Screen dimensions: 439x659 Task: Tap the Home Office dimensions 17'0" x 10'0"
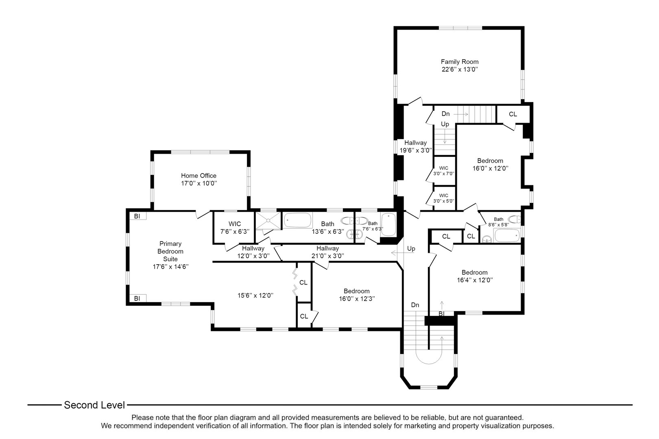click(199, 183)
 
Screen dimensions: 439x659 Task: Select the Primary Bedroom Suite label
click(170, 251)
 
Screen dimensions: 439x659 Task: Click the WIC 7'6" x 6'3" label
click(234, 227)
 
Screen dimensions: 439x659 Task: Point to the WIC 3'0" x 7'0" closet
click(443, 170)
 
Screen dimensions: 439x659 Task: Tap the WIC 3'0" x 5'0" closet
click(443, 198)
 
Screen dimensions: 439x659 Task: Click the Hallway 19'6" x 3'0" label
click(415, 146)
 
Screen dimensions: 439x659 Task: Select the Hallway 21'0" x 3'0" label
click(327, 252)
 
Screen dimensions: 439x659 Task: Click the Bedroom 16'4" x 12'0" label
click(474, 276)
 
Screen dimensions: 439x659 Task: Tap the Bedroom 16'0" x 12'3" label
click(356, 295)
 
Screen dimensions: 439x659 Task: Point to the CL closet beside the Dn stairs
click(513, 114)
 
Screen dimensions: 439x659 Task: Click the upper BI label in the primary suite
click(137, 216)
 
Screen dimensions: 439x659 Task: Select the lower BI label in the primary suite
click(137, 298)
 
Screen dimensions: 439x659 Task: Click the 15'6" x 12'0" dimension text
click(255, 296)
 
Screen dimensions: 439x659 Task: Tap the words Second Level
click(94, 405)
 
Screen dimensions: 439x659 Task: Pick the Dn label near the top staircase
click(446, 114)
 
